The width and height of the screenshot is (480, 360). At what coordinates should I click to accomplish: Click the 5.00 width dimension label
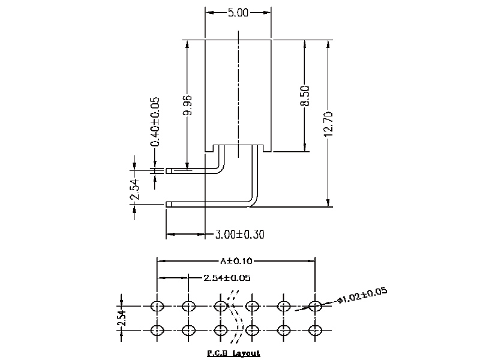pos(239,13)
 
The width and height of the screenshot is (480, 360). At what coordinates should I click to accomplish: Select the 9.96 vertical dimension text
pos(187,107)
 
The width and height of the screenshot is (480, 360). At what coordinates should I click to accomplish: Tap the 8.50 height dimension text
pos(305,96)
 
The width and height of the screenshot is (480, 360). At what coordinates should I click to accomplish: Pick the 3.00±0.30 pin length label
pos(240,234)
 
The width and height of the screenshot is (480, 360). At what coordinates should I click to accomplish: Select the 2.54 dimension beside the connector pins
pos(134,190)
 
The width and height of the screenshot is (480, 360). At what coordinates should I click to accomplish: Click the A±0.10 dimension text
pos(237,261)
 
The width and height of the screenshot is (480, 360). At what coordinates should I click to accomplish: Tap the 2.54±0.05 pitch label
pos(227,278)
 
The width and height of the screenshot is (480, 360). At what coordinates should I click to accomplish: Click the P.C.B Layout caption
pos(233,353)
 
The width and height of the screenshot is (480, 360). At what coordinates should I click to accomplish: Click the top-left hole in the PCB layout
pos(157,306)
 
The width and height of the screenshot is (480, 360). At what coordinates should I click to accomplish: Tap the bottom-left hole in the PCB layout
pos(157,330)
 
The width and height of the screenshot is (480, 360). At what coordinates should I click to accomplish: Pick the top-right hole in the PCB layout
pos(315,306)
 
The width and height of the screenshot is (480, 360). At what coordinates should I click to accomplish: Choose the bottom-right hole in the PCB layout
pos(315,330)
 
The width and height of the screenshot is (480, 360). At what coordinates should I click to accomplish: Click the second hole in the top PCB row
pos(188,306)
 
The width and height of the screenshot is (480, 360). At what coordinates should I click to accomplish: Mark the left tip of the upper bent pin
pos(167,170)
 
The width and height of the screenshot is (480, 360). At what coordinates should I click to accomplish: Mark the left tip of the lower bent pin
pos(167,205)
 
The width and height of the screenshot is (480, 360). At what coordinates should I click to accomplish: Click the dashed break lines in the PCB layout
pos(235,318)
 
